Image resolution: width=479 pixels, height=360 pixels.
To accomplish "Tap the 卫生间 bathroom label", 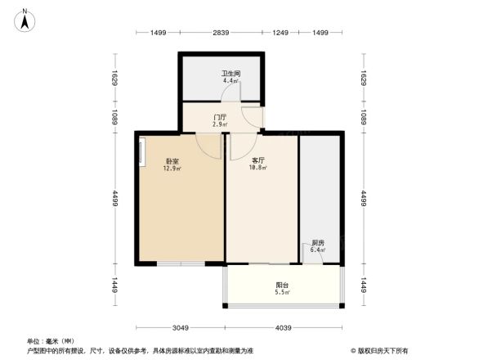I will coord(232,74).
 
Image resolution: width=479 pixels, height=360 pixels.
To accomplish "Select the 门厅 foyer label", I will coord(219,117).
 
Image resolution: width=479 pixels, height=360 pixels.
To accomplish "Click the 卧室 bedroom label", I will coord(172,161).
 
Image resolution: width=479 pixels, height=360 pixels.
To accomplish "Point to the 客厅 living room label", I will coord(258,161).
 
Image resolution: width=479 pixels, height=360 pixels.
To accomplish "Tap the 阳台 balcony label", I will coord(282,285).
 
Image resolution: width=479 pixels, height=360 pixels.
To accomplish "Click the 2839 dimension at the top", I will coord(221,32).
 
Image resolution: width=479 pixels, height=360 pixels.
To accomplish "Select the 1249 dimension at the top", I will coord(281,32).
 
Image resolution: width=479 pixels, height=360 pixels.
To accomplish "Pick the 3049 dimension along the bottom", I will coord(181,328).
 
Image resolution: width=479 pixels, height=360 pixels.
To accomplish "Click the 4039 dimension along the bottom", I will coord(284,328).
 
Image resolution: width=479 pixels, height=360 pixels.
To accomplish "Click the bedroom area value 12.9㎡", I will coord(172,169).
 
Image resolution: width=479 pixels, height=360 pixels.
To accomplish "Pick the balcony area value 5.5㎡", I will coord(282,292).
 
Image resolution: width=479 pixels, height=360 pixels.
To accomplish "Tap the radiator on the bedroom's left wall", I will coord(141,153).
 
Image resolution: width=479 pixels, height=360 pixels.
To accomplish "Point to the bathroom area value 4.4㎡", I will coord(232,81).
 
